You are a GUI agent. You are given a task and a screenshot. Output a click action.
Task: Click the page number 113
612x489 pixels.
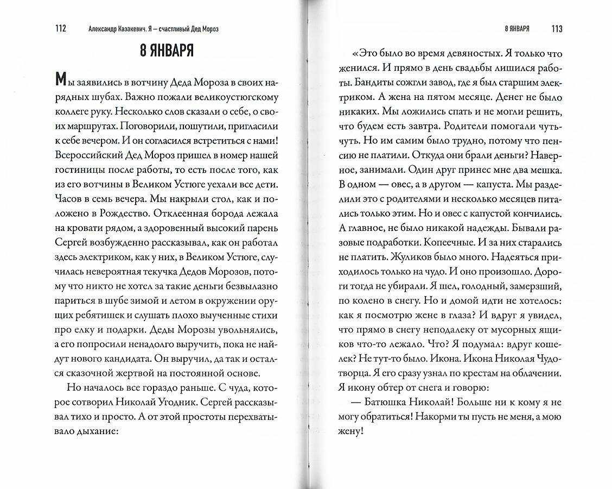click(x=556, y=28)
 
